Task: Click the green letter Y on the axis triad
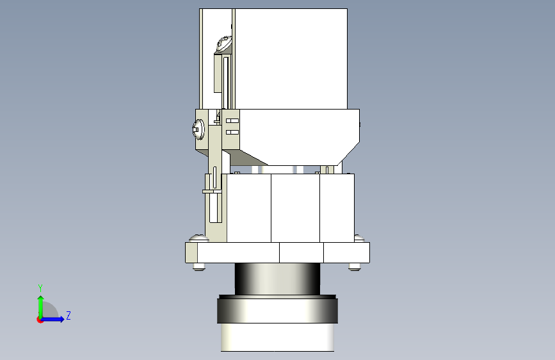tap(40, 288)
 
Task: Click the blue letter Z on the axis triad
tap(68, 315)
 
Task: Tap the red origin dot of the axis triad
tap(40, 320)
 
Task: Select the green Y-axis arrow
tap(41, 307)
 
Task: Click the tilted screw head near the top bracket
tap(224, 44)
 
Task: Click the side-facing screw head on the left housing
tap(198, 129)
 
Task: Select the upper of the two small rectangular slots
tap(232, 121)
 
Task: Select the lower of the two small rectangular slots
tap(232, 132)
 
